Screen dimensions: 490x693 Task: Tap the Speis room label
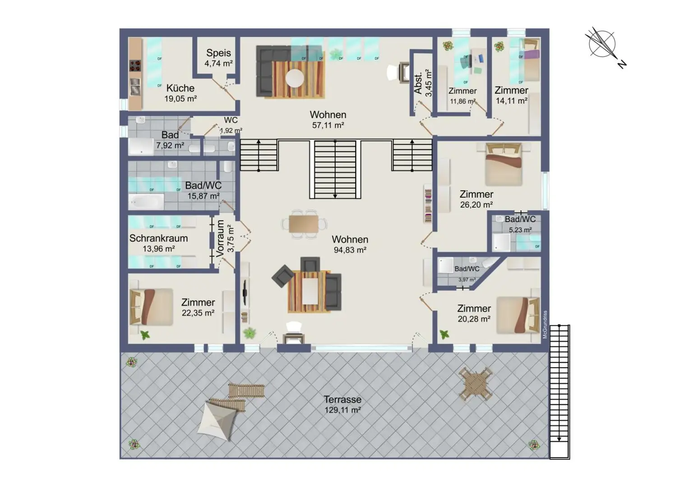click(218, 53)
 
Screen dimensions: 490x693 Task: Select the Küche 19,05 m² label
click(180, 93)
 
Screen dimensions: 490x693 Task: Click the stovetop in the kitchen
click(135, 66)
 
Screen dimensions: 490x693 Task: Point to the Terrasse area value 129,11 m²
click(342, 410)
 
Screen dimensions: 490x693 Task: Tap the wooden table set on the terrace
click(475, 384)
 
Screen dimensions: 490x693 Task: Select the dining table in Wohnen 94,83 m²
click(303, 224)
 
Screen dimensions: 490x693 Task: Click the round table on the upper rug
click(295, 78)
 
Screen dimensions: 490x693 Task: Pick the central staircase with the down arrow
click(335, 169)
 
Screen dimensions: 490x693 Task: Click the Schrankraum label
click(158, 238)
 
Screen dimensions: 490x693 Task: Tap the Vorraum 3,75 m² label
click(224, 239)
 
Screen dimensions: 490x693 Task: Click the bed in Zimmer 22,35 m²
click(151, 307)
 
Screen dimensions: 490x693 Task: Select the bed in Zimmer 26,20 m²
click(503, 164)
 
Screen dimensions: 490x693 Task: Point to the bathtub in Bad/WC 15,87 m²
click(147, 202)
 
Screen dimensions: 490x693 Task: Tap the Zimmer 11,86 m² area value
click(462, 101)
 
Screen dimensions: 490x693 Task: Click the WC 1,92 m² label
click(231, 125)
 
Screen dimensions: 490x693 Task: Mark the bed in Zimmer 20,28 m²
click(518, 314)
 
